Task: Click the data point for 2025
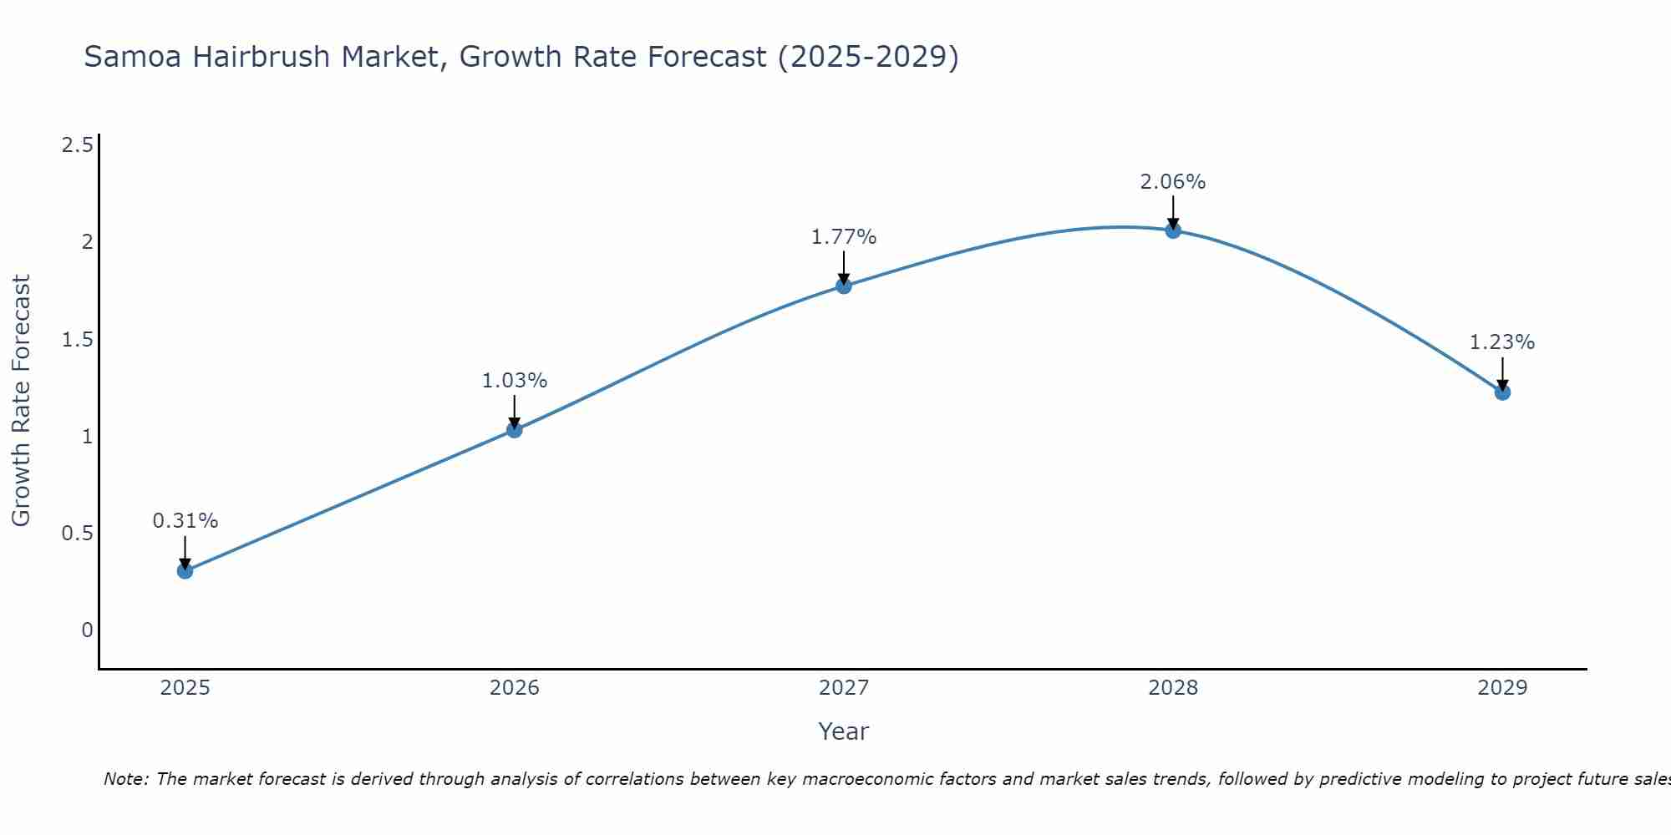[185, 571]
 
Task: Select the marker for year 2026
[515, 430]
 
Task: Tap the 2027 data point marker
[844, 286]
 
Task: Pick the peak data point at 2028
[1173, 231]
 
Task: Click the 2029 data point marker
[1502, 392]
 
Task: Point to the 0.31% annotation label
[185, 521]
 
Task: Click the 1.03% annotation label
[515, 381]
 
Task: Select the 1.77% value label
[844, 237]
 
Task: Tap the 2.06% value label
[1173, 182]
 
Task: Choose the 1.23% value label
[1502, 342]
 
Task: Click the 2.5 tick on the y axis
[78, 146]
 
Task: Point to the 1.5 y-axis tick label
[78, 340]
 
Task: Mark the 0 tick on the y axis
[87, 630]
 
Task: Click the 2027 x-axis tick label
[844, 688]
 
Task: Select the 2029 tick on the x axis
[1502, 688]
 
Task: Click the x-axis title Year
[844, 731]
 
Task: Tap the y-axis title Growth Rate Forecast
[21, 401]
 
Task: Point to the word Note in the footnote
[125, 779]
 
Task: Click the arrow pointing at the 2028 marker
[1173, 211]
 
